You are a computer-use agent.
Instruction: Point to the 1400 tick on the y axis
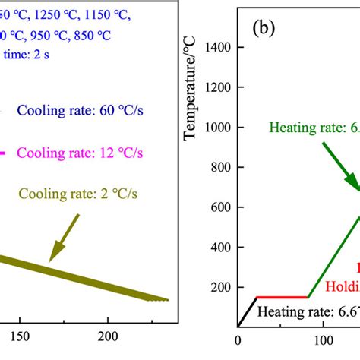[221, 48]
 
